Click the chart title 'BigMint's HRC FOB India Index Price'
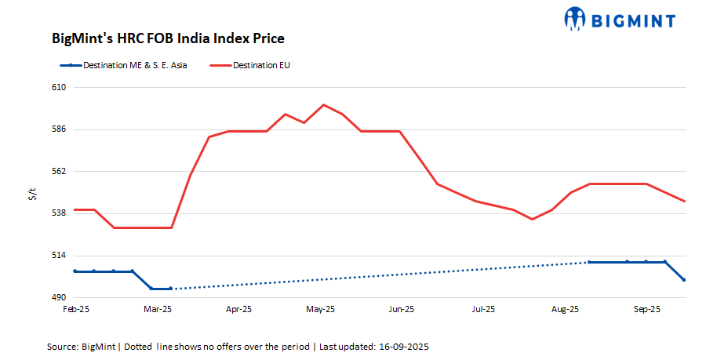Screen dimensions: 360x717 tap(168, 38)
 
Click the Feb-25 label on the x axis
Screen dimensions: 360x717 tap(75, 310)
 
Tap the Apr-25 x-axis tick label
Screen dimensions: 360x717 tap(238, 310)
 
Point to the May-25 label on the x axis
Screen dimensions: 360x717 tap(320, 310)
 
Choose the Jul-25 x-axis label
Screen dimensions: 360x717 tap(482, 310)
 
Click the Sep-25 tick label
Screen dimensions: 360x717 tap(646, 310)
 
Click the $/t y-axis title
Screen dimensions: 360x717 tap(31, 194)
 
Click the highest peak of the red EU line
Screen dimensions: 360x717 tap(324, 104)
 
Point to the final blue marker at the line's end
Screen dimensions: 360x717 tap(685, 280)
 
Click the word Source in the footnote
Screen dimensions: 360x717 tap(62, 346)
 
